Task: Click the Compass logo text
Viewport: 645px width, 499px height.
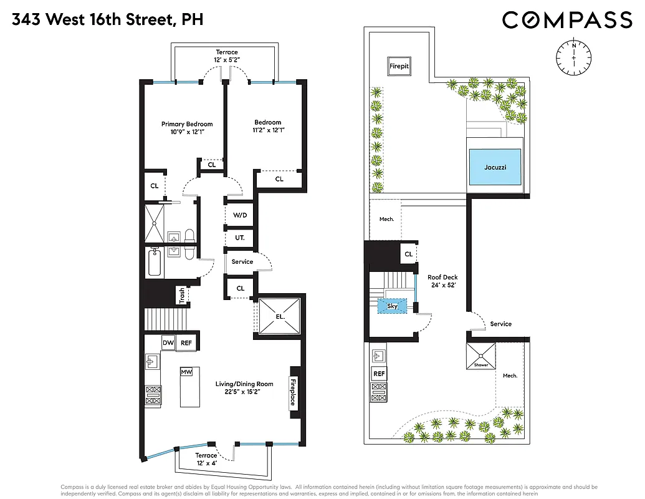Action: [567, 20]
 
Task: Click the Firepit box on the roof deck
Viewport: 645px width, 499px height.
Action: [399, 65]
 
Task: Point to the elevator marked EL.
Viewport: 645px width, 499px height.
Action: [280, 316]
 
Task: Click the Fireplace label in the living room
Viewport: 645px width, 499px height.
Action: [292, 391]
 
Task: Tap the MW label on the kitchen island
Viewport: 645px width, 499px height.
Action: [186, 372]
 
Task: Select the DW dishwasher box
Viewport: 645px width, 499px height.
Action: [168, 342]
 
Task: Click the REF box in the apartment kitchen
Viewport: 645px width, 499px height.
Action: [186, 342]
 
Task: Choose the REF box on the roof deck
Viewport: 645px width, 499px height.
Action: [379, 374]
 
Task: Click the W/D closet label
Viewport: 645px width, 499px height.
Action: [240, 215]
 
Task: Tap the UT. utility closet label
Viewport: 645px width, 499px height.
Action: [240, 238]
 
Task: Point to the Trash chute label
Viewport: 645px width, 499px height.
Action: [181, 295]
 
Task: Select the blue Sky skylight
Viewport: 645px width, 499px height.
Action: [392, 306]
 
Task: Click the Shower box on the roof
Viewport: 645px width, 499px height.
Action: [481, 356]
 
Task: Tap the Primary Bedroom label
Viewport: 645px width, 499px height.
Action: [187, 124]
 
